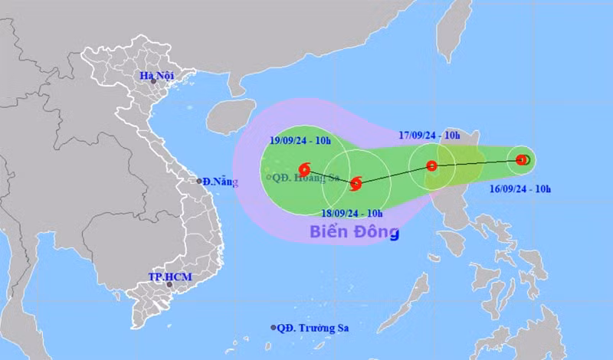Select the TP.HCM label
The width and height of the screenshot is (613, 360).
(169, 277)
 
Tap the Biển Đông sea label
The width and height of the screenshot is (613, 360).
(355, 231)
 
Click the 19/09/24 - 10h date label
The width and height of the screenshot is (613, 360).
(300, 139)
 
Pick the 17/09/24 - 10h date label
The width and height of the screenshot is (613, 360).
(430, 136)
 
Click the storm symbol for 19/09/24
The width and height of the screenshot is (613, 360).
(304, 167)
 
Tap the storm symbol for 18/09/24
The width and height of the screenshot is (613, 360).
(356, 182)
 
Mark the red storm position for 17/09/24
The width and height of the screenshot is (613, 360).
(431, 165)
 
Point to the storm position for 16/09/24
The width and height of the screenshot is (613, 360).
(522, 160)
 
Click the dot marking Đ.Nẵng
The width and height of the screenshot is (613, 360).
(199, 182)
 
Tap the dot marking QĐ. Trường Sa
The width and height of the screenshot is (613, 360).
(274, 328)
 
